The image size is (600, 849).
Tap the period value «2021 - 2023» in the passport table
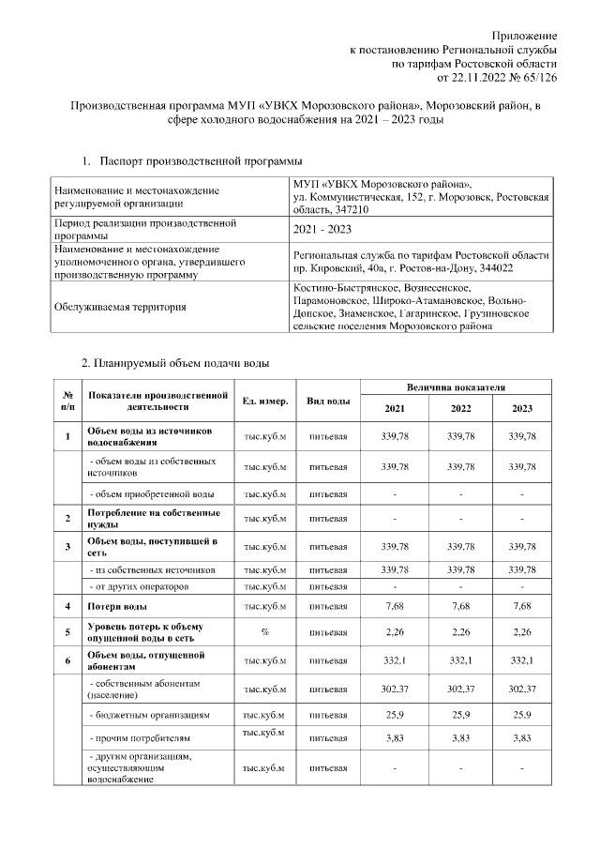coord(322,230)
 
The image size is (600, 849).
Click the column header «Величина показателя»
coord(456,387)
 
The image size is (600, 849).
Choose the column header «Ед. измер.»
coord(264,402)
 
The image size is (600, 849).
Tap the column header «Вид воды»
coord(328,402)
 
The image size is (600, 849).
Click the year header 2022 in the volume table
coord(460,409)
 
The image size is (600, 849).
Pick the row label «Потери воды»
coord(115,607)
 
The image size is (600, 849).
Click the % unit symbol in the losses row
coord(264,632)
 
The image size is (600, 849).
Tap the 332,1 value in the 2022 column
coord(460,660)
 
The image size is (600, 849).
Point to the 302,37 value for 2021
coord(396,690)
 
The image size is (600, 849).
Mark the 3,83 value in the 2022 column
coord(460,738)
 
